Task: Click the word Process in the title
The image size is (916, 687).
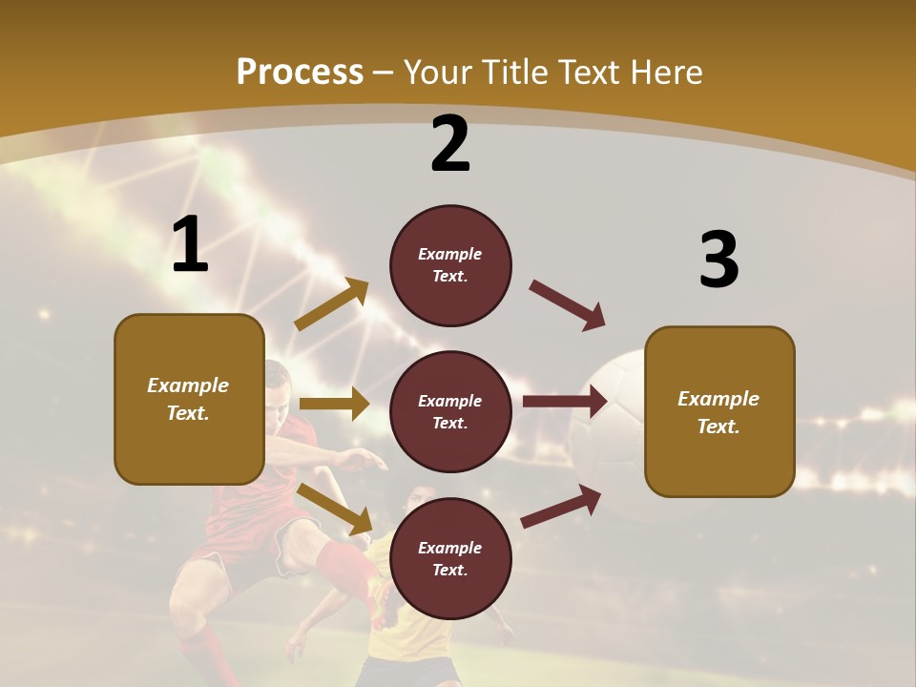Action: (300, 72)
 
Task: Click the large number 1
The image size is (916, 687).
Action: (190, 245)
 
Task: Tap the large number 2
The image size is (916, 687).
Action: (450, 144)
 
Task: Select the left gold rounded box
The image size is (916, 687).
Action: (189, 399)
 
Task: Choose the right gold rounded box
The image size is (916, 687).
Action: (719, 412)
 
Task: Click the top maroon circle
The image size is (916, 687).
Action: (450, 265)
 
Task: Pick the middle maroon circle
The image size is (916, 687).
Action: (450, 412)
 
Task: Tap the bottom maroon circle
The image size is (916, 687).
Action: (450, 559)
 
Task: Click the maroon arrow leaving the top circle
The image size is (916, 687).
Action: (568, 304)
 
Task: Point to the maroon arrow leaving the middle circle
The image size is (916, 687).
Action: (565, 402)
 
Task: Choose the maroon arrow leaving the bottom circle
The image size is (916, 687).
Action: (561, 507)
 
